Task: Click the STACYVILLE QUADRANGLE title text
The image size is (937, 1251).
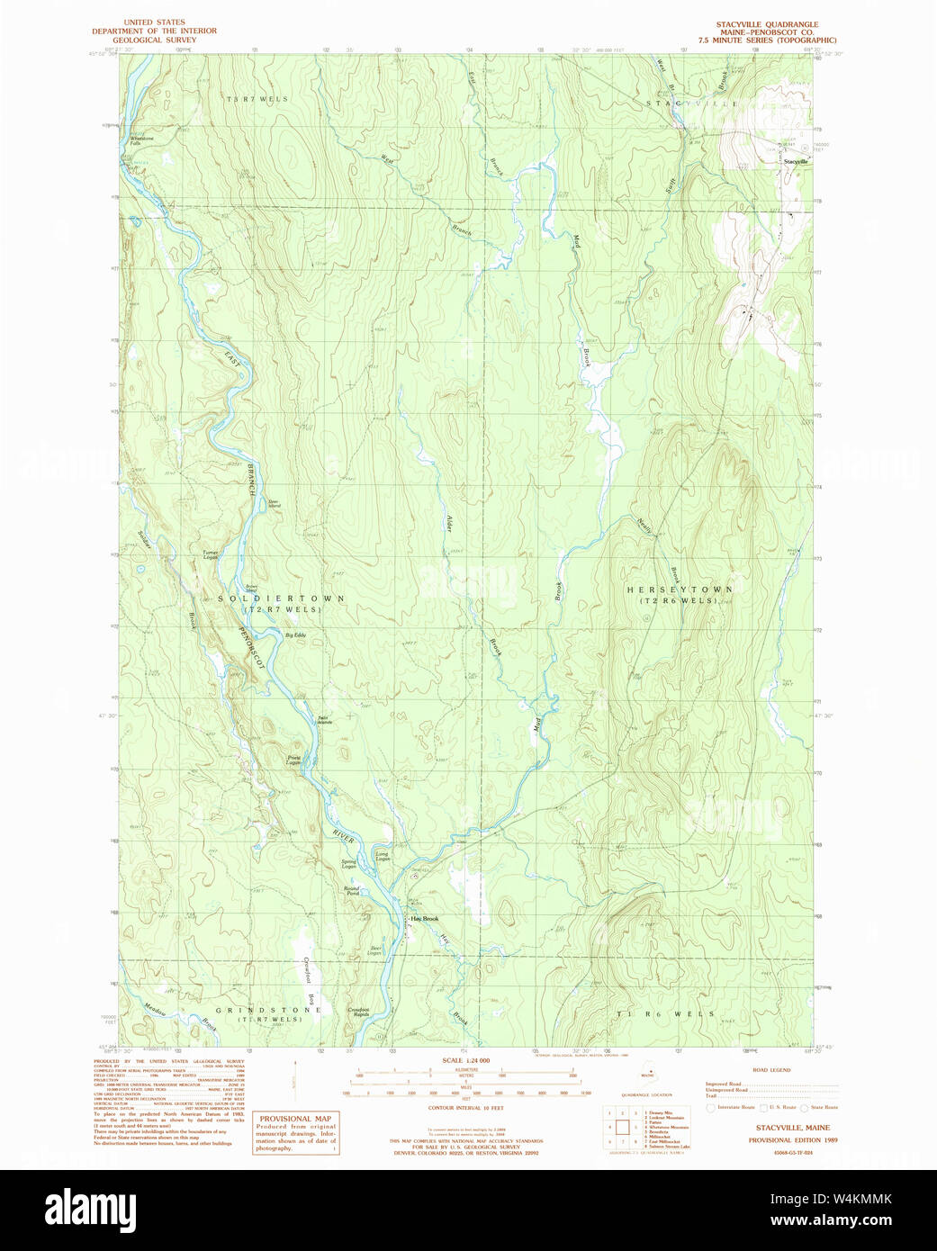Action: pyautogui.click(x=767, y=24)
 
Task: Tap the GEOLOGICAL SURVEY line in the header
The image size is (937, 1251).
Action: pyautogui.click(x=154, y=40)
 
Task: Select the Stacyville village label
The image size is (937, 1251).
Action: pyautogui.click(x=796, y=162)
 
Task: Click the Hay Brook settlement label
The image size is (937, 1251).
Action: pyautogui.click(x=425, y=919)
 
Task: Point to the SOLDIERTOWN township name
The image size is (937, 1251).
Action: pyautogui.click(x=281, y=598)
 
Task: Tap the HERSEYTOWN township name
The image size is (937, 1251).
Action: pyautogui.click(x=680, y=589)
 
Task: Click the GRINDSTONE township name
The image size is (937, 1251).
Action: pyautogui.click(x=267, y=1010)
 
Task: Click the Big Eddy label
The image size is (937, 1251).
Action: pyautogui.click(x=295, y=635)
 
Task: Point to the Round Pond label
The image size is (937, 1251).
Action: pyautogui.click(x=351, y=891)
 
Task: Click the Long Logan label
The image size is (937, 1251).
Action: pyautogui.click(x=383, y=856)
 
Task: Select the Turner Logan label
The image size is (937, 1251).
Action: pyautogui.click(x=210, y=554)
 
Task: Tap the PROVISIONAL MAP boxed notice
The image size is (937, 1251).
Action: pyautogui.click(x=295, y=1133)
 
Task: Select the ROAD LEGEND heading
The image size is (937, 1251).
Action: pyautogui.click(x=770, y=1070)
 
